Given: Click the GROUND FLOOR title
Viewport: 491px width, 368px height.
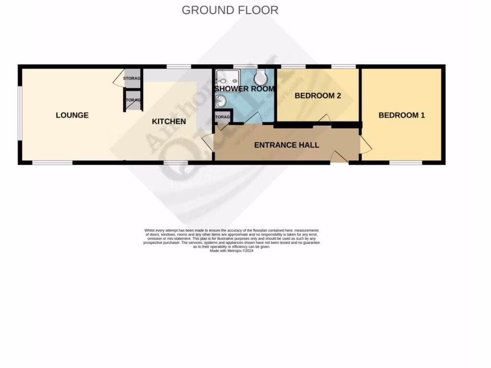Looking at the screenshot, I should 230,10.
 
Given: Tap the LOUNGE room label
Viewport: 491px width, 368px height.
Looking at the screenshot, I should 72,115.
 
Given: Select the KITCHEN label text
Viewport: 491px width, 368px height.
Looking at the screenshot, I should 169,122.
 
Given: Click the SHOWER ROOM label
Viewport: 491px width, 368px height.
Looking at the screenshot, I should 245,89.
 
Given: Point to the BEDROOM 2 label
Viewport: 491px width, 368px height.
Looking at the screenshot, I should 317,96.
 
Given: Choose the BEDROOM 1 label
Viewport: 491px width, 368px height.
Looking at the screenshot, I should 401,115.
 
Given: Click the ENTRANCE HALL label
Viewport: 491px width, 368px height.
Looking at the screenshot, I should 286,145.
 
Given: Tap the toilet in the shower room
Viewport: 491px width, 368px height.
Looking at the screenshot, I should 261,77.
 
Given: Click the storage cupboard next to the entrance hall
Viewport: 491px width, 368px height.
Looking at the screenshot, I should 222,117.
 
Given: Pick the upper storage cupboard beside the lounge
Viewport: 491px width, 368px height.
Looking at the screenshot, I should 132,79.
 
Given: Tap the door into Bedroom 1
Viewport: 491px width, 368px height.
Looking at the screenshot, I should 366,142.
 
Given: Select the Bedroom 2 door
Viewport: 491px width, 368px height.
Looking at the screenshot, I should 325,119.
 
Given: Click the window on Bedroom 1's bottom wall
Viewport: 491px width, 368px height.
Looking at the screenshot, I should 406,163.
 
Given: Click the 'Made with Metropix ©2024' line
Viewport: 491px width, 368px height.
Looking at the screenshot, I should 231,251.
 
